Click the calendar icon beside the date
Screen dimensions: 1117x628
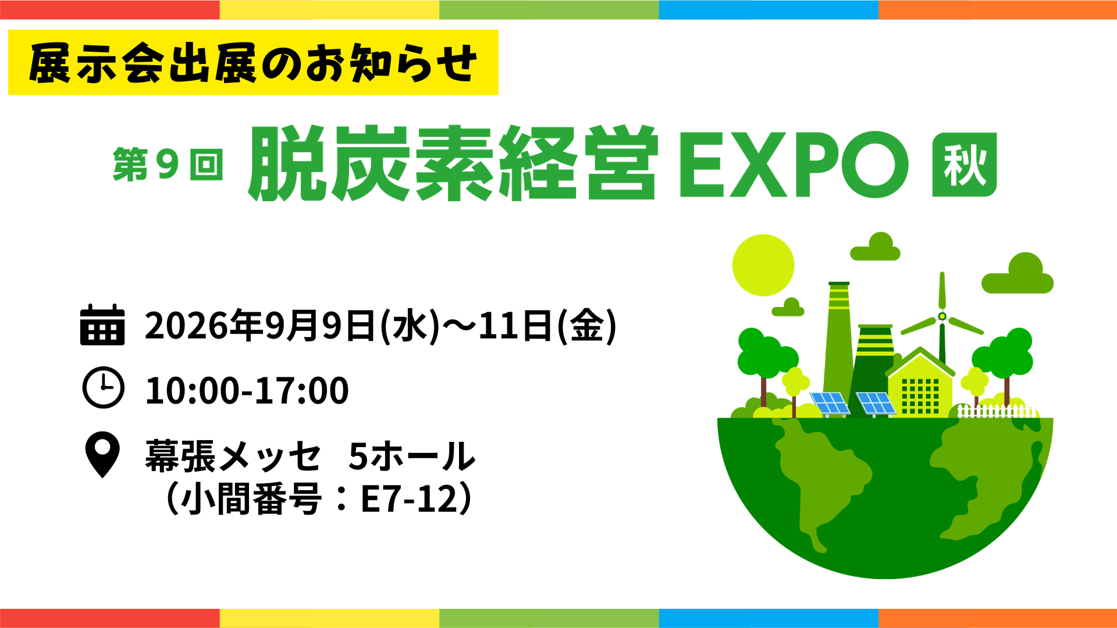pos(102,325)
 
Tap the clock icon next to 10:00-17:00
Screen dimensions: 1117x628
pos(103,388)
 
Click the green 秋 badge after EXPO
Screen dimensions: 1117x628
pos(964,165)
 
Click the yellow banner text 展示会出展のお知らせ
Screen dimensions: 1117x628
pos(253,63)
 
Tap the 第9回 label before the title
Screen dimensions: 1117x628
pos(168,165)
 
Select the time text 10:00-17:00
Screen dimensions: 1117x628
pos(247,390)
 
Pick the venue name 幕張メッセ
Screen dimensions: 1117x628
pos(233,456)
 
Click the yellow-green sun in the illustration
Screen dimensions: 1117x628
pos(763,265)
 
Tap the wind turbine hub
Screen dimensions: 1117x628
pos(942,316)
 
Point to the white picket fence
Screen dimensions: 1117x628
pos(996,411)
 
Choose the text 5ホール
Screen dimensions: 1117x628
pos(412,456)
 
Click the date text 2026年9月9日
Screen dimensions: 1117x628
pos(260,325)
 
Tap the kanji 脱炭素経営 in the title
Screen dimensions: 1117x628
pos(454,163)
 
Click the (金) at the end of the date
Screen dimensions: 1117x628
pos(586,326)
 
